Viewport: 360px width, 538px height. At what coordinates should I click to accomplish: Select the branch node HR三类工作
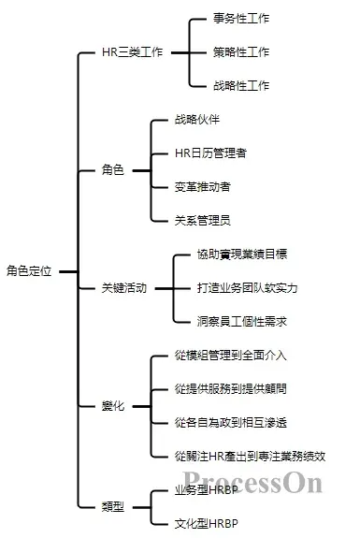tap(131, 52)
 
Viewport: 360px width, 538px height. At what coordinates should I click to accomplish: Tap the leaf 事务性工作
tap(241, 19)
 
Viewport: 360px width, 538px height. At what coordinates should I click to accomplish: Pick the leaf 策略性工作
tap(241, 52)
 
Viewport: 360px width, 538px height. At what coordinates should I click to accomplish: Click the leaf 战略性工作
tap(241, 86)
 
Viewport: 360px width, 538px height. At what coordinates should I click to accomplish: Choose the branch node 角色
tap(113, 170)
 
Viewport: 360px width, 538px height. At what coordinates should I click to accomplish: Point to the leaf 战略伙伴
tap(197, 120)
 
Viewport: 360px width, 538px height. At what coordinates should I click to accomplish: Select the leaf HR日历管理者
tap(210, 153)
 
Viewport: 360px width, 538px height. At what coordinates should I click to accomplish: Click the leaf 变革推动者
tap(203, 186)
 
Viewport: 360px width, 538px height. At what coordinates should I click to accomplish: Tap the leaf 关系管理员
tap(203, 220)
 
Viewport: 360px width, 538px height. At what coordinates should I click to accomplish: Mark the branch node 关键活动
tap(124, 288)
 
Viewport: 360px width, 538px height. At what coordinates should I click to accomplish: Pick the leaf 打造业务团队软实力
tap(248, 287)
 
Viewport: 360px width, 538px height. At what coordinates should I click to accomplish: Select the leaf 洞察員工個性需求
tap(242, 321)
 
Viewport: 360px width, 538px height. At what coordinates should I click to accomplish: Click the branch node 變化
tap(113, 405)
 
